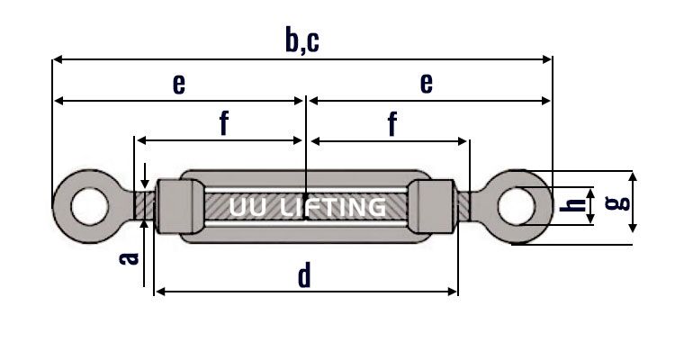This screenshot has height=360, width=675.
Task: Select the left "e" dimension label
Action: (x=179, y=84)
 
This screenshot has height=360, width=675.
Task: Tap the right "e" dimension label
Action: (x=427, y=84)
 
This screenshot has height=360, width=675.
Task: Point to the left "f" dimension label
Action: (x=223, y=124)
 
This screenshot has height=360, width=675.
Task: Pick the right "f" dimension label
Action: (x=392, y=124)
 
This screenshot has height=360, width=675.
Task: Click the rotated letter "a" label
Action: (x=130, y=257)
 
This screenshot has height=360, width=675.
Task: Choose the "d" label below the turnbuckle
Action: (x=304, y=275)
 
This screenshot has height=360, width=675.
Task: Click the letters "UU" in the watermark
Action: (x=246, y=208)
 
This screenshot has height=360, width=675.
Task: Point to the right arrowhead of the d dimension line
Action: (x=454, y=292)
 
